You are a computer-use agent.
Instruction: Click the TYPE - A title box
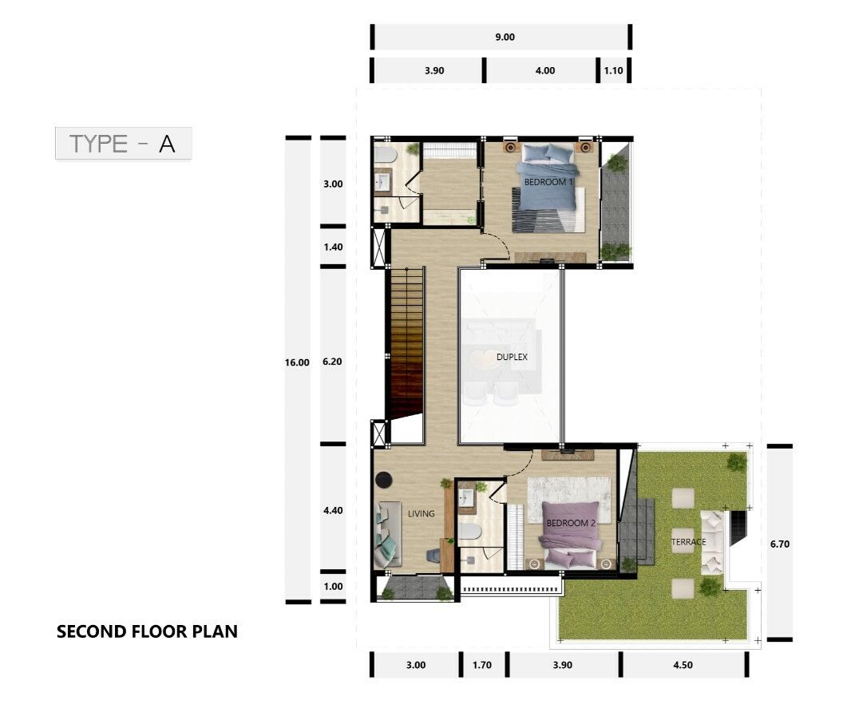point(123,143)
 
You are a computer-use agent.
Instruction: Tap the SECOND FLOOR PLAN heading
point(147,631)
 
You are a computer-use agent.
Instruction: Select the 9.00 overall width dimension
point(505,37)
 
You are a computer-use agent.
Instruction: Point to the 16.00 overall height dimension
point(297,362)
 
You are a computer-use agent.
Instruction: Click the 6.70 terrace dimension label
point(780,544)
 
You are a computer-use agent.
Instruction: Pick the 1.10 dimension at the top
point(613,70)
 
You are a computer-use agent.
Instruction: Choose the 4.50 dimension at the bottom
point(683,665)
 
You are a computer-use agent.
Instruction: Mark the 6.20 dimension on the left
point(332,362)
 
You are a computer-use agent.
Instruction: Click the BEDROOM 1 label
point(548,182)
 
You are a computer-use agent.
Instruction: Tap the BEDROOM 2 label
point(571,523)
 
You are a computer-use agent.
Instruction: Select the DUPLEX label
point(512,357)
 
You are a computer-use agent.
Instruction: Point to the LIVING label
point(421,514)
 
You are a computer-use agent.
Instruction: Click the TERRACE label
point(689,542)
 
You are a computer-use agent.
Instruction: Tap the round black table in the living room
point(384,480)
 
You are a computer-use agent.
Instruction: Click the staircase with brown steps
point(407,342)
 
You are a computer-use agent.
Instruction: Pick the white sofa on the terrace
point(712,542)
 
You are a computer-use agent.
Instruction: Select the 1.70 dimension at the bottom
point(482,665)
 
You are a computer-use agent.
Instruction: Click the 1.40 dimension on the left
point(334,247)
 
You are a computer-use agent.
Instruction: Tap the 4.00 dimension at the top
point(545,70)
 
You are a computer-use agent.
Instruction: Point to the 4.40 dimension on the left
point(334,510)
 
